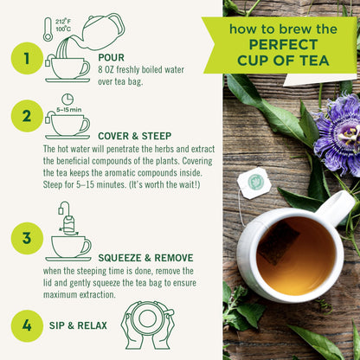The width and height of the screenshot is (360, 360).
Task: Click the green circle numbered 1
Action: click(25, 60)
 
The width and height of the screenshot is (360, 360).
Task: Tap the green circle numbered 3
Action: click(25, 237)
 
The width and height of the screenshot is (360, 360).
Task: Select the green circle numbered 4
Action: click(25, 326)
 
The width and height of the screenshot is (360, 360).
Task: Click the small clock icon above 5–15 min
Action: click(67, 100)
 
